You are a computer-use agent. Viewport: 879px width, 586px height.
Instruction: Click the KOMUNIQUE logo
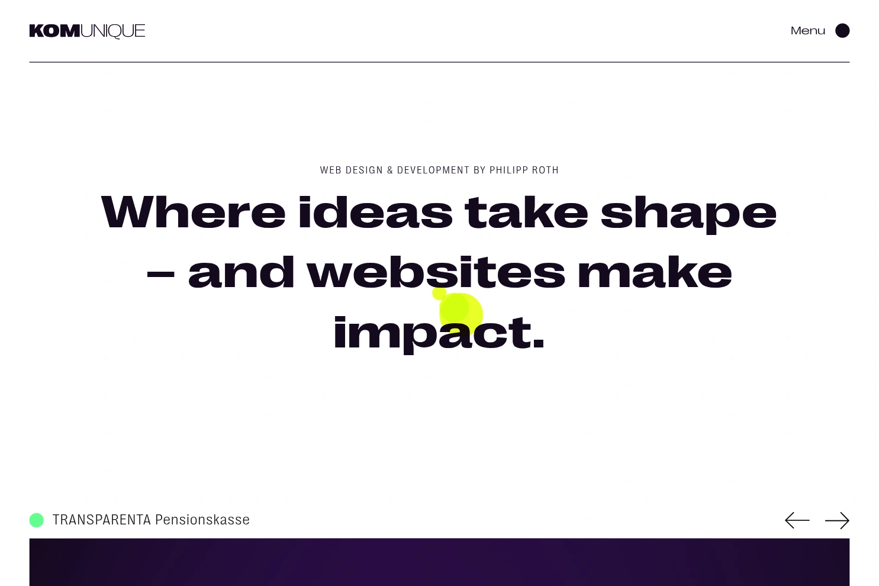click(87, 31)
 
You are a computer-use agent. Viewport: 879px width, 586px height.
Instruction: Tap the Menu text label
click(807, 31)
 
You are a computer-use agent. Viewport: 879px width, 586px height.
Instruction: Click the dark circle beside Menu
click(842, 31)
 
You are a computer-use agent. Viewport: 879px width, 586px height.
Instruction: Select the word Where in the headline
click(193, 211)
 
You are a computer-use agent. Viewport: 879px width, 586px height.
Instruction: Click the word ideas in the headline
click(375, 211)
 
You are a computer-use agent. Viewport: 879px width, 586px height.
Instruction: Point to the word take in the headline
click(526, 211)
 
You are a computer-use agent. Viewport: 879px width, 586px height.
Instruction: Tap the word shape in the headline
click(688, 215)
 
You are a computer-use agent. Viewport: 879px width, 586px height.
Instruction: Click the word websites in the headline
click(436, 272)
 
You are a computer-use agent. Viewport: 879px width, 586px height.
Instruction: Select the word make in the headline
click(655, 272)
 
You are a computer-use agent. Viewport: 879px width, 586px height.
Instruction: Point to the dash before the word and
click(160, 275)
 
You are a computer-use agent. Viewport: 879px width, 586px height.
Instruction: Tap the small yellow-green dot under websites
click(439, 294)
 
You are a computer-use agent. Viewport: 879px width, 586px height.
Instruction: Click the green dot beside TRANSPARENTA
click(37, 520)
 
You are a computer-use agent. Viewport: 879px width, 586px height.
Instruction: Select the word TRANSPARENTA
click(102, 520)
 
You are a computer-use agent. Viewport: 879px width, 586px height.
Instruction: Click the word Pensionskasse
click(202, 520)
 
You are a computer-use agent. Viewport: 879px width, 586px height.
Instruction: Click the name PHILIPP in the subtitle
click(508, 170)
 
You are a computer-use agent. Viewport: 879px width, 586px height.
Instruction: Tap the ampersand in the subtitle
click(390, 170)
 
